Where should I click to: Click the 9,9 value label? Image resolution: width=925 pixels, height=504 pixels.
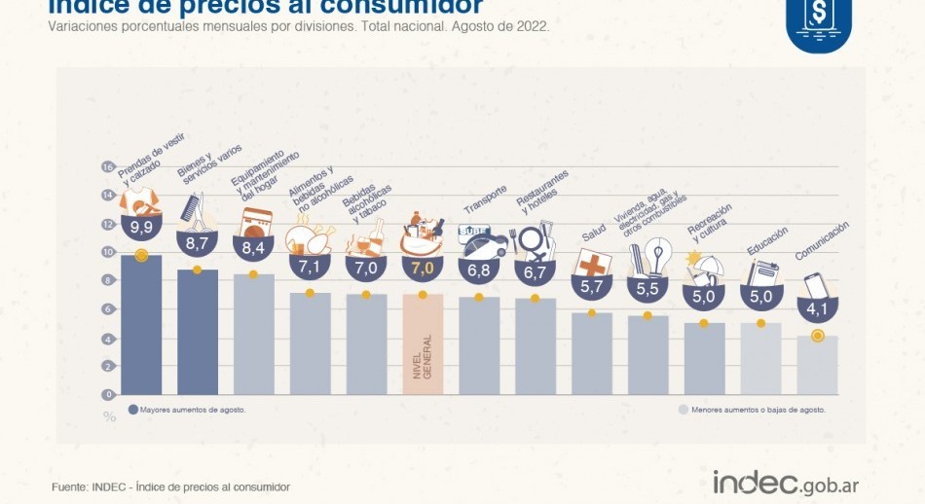click(x=141, y=228)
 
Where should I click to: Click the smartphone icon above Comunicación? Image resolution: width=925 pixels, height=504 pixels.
click(x=815, y=286)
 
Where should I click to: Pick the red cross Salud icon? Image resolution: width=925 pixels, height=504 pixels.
click(x=592, y=264)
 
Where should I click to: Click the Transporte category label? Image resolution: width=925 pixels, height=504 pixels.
click(x=485, y=198)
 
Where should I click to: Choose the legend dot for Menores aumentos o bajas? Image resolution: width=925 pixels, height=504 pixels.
click(x=683, y=410)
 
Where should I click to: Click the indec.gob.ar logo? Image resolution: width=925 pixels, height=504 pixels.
click(x=786, y=483)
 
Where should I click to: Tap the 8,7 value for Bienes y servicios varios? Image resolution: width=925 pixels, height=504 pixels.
click(x=197, y=240)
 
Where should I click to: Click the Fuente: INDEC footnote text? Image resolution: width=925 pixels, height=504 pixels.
click(x=170, y=486)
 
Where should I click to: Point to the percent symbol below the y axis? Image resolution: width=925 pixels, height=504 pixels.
click(x=109, y=416)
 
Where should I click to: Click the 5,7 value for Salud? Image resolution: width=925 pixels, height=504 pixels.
click(x=592, y=287)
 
